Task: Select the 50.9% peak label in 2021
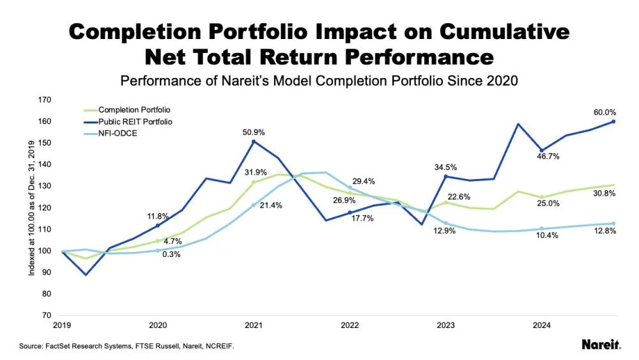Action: (254, 132)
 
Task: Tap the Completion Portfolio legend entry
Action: (134, 110)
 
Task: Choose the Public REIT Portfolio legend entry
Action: (135, 121)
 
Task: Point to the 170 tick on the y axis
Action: (45, 100)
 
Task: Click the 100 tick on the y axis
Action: (45, 251)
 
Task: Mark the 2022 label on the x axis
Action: (350, 325)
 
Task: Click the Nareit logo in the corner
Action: (601, 345)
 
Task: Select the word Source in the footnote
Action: (32, 346)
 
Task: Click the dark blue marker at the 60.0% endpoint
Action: (613, 121)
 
